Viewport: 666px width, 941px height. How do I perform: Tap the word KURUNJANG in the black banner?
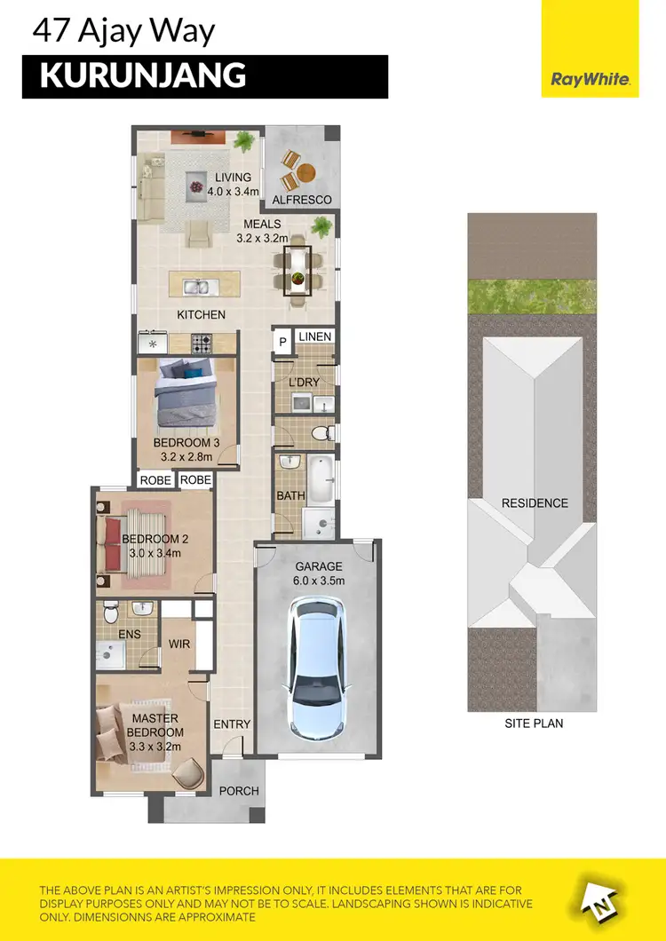(x=143, y=76)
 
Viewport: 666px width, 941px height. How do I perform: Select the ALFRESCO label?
(x=302, y=201)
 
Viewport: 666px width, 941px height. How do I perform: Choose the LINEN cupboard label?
(x=314, y=337)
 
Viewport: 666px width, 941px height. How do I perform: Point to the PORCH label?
(x=239, y=791)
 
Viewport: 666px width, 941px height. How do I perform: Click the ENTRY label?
(x=233, y=724)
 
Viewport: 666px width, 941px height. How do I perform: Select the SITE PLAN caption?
(x=534, y=724)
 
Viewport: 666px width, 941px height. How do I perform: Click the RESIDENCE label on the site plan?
(x=535, y=503)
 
